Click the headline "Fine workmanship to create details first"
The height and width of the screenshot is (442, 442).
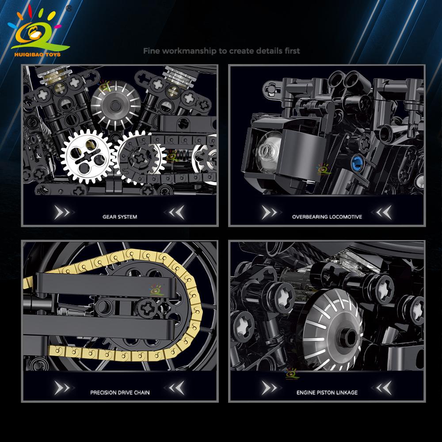point(221,51)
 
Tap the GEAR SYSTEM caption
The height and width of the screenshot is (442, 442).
point(120,217)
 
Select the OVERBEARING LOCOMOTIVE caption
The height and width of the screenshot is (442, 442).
point(327,217)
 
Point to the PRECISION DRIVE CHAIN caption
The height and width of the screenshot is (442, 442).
point(120,392)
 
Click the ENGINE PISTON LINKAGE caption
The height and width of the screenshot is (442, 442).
point(327,392)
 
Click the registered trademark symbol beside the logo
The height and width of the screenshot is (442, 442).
point(69,8)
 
